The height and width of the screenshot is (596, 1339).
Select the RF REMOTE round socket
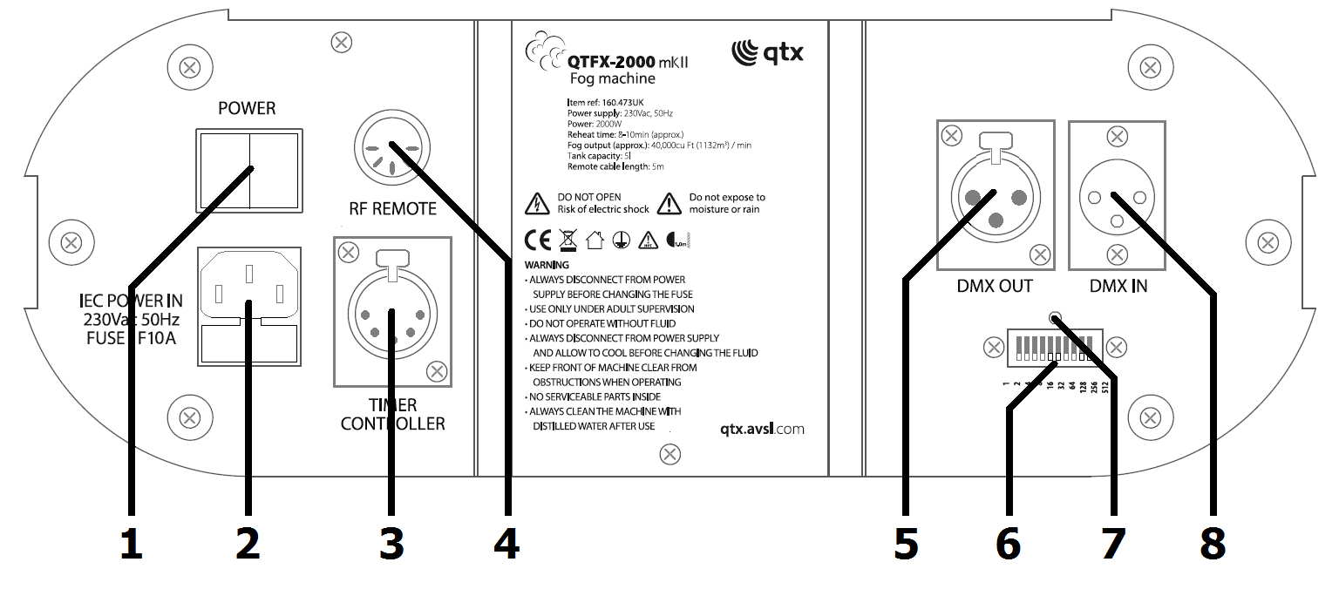[392, 148]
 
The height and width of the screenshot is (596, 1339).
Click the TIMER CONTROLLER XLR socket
[392, 313]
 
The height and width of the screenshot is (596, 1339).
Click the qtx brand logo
[767, 52]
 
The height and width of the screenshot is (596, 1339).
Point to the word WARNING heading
[547, 265]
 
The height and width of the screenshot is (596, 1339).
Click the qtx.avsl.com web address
[762, 429]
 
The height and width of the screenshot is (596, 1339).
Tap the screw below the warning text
[669, 454]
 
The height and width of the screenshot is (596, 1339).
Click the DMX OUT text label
[995, 286]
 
